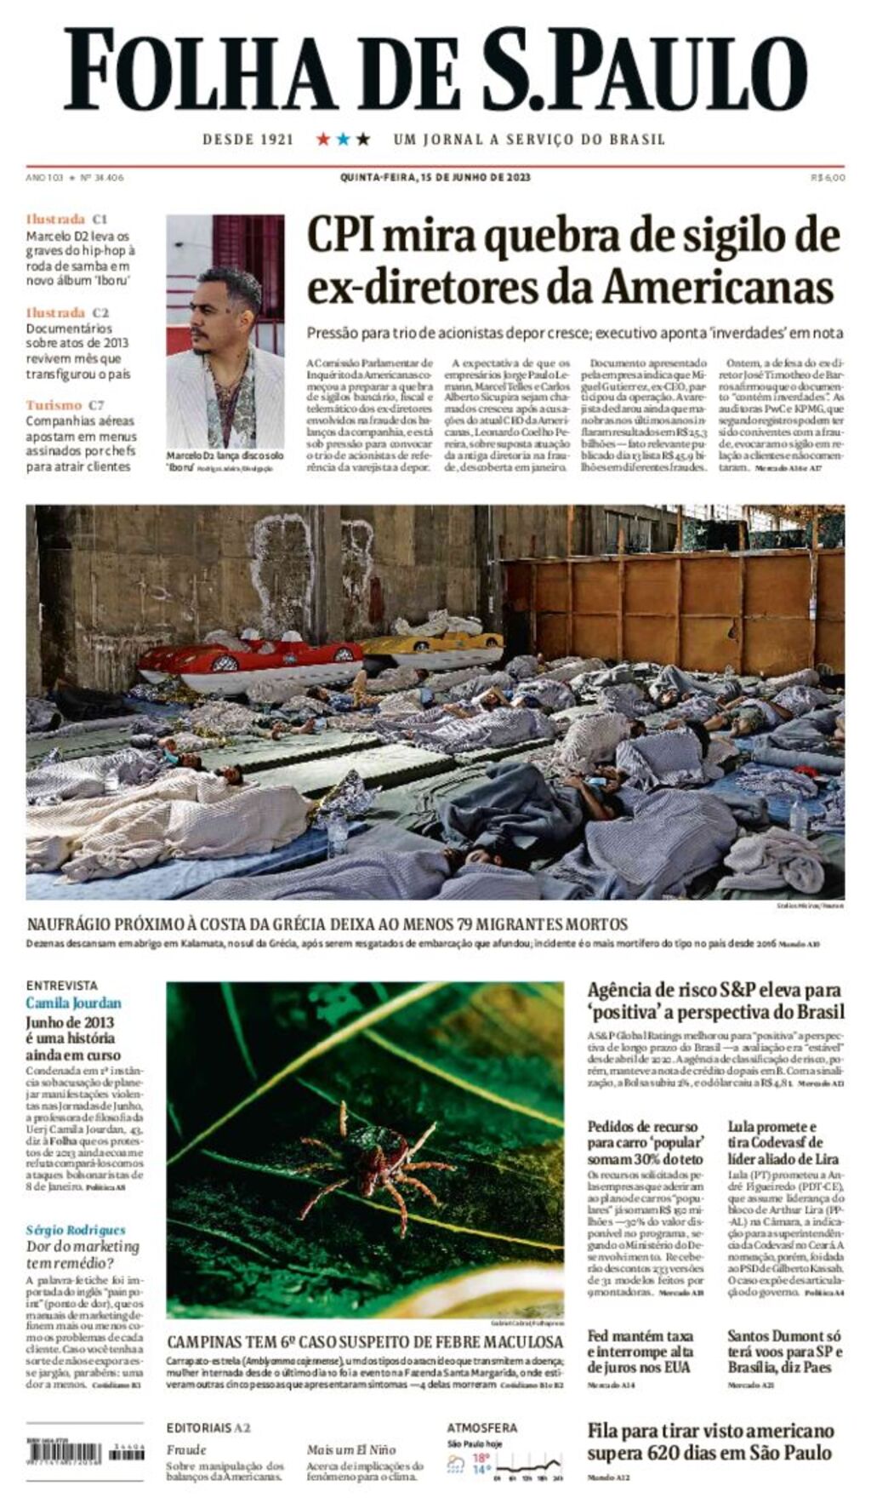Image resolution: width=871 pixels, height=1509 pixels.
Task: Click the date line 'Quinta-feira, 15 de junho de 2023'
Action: pos(435,177)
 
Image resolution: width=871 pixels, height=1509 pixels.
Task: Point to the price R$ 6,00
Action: pos(828,178)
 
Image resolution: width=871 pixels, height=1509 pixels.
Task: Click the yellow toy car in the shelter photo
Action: pos(434,638)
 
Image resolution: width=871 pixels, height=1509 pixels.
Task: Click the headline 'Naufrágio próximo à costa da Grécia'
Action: pos(327,924)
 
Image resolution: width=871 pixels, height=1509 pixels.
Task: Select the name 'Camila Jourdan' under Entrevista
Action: pos(73,1003)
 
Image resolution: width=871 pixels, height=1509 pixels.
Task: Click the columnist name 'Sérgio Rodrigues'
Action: pos(76,1230)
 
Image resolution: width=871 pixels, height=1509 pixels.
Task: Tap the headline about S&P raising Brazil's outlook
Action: pos(715,1000)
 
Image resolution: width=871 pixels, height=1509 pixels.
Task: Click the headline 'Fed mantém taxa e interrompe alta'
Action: pos(640,1351)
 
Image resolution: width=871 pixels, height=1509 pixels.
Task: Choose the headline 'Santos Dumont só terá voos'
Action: pos(784,1351)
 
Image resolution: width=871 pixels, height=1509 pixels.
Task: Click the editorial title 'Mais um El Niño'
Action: pos(350,1449)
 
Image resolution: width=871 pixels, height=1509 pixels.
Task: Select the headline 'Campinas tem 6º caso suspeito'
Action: pos(364,1342)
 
